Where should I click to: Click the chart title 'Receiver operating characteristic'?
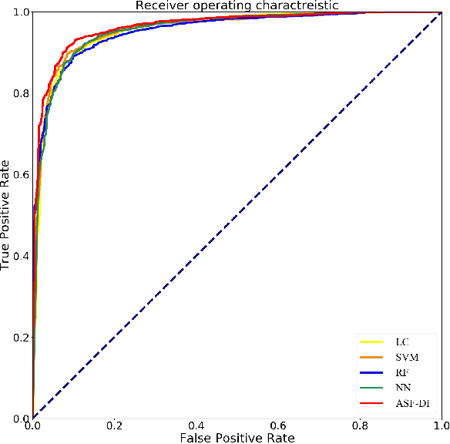(237, 6)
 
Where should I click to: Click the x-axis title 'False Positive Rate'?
(237, 438)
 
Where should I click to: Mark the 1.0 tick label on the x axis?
(441, 425)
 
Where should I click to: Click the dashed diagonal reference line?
(237, 216)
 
